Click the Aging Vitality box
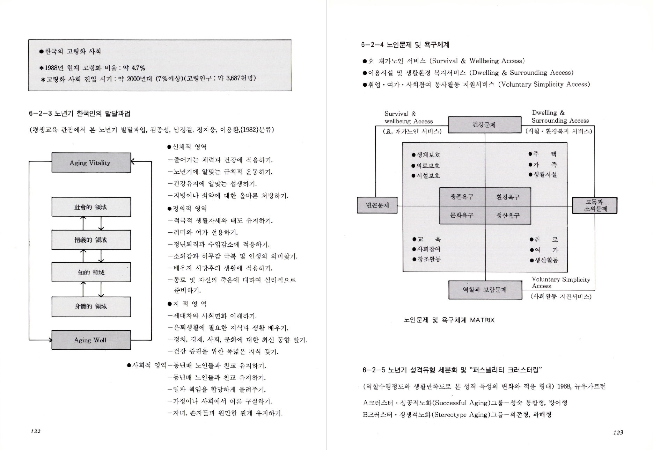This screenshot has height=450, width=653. click(91, 162)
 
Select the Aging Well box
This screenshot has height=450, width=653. click(91, 340)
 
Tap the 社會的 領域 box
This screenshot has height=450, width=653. click(91, 207)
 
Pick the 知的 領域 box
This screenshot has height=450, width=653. click(91, 272)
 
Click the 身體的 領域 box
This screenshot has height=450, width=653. click(91, 306)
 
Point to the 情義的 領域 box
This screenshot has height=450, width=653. click(91, 240)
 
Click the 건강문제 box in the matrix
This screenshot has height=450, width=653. click(484, 125)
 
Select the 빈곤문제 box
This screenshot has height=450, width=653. click(377, 205)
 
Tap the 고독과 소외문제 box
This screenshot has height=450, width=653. click(595, 205)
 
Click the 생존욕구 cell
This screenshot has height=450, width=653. click(462, 197)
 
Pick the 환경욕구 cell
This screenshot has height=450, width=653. click(508, 197)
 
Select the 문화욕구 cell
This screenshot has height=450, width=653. click(462, 215)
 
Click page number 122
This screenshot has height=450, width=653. click(36, 431)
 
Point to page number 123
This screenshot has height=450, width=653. click(618, 433)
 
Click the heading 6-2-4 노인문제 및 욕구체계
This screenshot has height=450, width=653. click(405, 45)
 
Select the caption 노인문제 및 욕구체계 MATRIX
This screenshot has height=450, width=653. click(449, 320)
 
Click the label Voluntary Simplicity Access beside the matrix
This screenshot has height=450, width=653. click(560, 283)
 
